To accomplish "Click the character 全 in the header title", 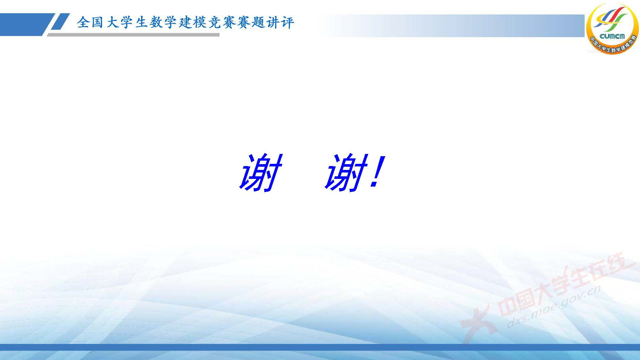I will click(x=83, y=23).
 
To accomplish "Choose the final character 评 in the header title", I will click(x=287, y=23).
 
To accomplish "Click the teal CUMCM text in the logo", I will click(x=612, y=36).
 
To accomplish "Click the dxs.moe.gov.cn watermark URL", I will click(x=554, y=307).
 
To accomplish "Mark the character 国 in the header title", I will click(x=97, y=23).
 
